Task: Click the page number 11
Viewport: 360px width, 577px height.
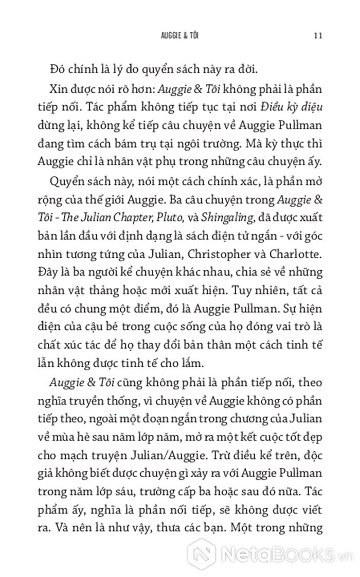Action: (x=317, y=36)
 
